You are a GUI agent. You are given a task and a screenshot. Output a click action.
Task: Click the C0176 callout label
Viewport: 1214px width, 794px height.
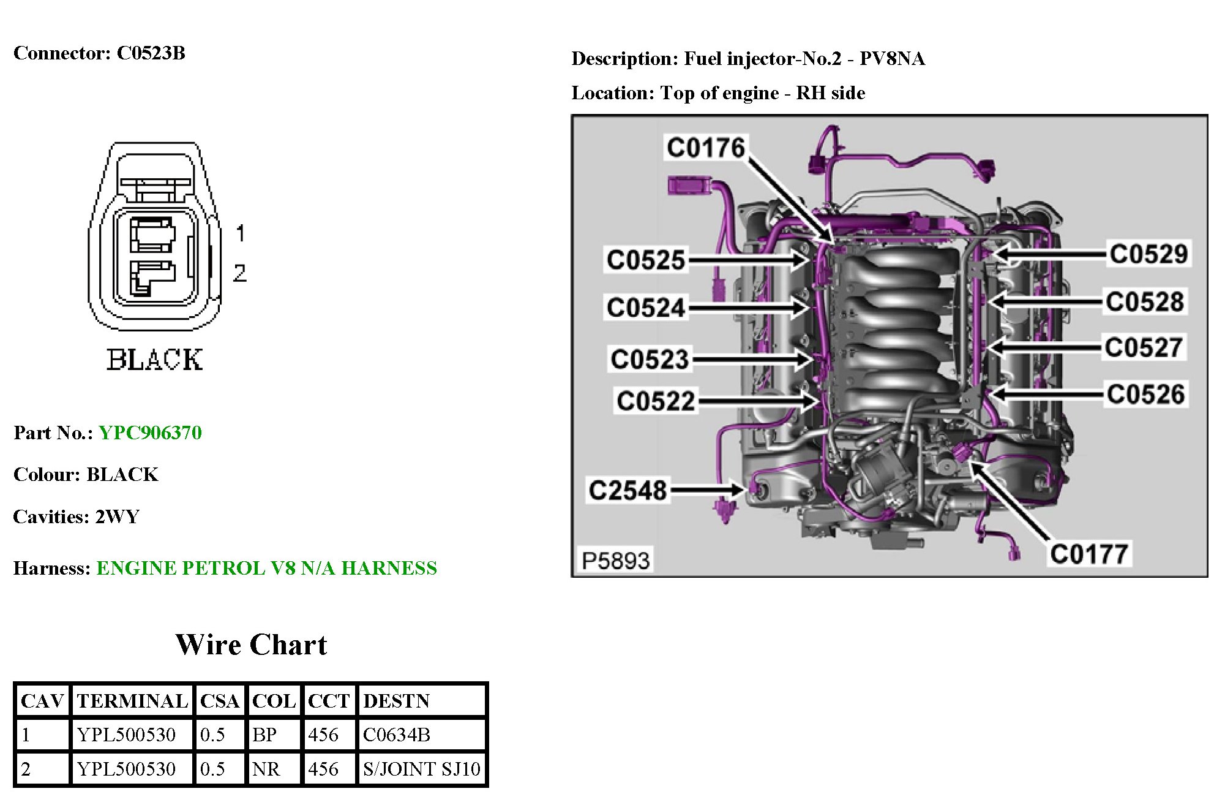[705, 148]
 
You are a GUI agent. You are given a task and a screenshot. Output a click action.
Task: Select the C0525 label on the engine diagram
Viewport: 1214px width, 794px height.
[645, 260]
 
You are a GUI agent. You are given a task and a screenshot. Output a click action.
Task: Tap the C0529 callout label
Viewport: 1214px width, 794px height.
[1148, 254]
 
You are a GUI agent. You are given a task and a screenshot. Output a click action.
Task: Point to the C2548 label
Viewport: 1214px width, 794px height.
[627, 490]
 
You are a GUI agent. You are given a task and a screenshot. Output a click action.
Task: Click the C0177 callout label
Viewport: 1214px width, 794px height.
[1088, 554]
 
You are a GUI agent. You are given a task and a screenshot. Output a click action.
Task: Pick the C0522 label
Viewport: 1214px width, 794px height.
[656, 401]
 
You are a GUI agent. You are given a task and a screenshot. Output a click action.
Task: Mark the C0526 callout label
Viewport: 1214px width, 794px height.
[1145, 394]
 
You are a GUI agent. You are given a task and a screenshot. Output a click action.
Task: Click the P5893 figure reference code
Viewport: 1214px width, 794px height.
[615, 560]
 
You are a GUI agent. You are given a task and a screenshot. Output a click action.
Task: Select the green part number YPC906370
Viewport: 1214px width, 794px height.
[150, 433]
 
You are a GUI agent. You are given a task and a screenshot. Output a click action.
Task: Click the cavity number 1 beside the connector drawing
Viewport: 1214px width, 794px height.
[240, 233]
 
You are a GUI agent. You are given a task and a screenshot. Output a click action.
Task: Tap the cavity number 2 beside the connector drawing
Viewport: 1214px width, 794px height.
[240, 273]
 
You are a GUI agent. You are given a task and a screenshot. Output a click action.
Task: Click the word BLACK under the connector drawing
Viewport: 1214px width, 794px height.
[154, 360]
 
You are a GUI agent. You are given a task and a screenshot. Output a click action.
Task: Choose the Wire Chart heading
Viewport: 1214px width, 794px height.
[251, 645]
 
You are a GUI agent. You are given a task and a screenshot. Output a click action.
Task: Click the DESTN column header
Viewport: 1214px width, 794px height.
[396, 701]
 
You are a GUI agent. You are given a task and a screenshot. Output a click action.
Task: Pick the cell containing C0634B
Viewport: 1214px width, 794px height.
[396, 735]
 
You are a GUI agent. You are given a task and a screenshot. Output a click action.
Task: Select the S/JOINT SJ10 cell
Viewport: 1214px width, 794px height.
[421, 769]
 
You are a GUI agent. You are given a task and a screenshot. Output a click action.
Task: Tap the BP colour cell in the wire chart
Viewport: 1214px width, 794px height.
[264, 735]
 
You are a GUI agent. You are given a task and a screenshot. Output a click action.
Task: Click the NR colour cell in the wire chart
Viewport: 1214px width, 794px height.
[266, 769]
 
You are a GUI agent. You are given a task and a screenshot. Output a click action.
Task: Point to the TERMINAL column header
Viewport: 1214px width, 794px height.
[132, 701]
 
